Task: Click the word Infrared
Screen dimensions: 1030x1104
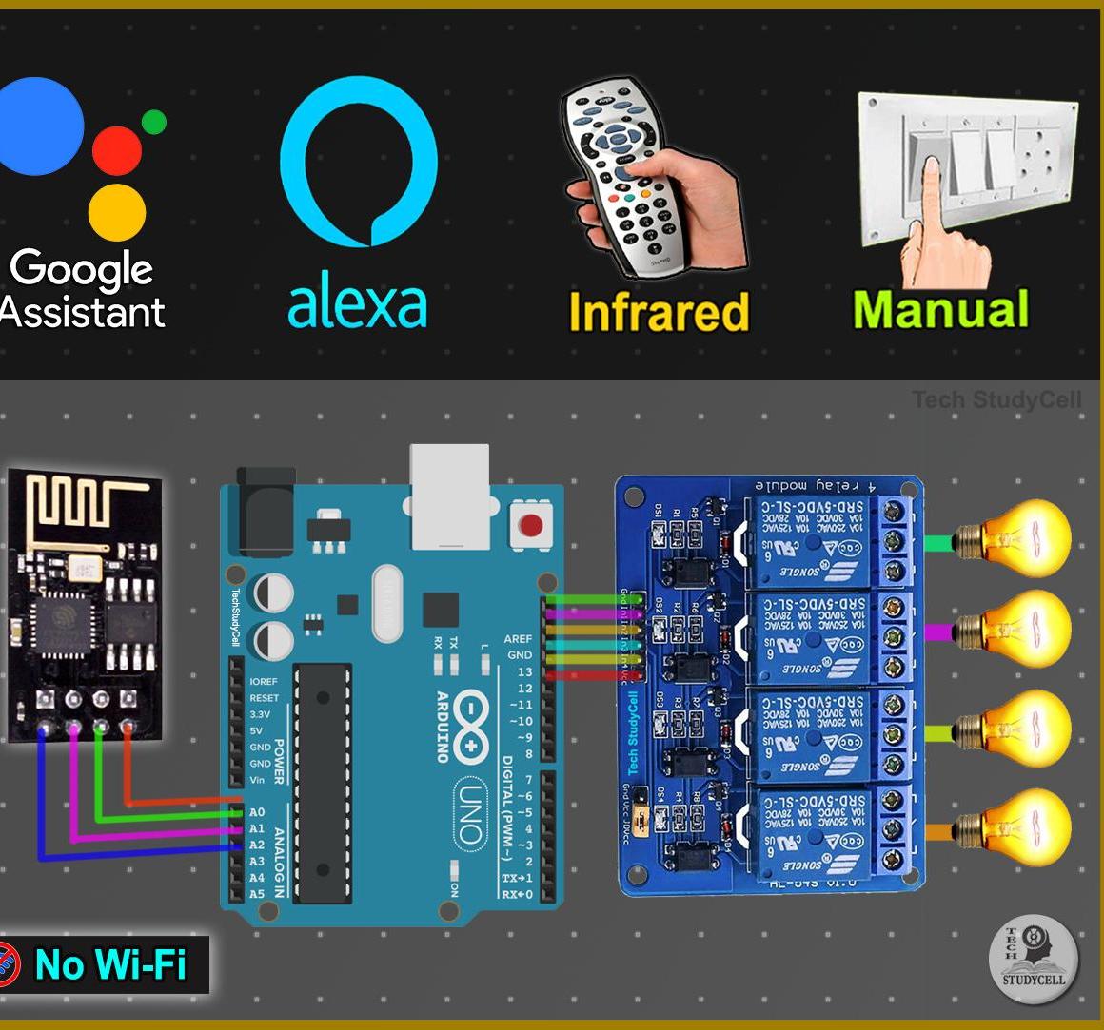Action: click(x=659, y=312)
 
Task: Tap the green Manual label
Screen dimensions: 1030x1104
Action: click(x=940, y=310)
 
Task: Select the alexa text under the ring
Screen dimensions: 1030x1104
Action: click(x=357, y=304)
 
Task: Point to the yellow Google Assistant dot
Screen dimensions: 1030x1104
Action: click(x=117, y=212)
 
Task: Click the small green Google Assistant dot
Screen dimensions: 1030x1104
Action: click(x=154, y=122)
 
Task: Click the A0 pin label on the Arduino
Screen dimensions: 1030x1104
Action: click(x=256, y=812)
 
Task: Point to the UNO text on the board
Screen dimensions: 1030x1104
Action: click(x=469, y=814)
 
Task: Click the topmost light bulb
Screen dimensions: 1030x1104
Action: click(x=1023, y=538)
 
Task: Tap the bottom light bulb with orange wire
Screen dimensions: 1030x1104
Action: click(x=1023, y=828)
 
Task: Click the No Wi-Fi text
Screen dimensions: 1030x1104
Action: click(x=110, y=964)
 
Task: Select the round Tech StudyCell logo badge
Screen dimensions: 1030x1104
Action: click(x=1033, y=961)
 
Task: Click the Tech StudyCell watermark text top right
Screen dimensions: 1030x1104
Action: click(x=996, y=399)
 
